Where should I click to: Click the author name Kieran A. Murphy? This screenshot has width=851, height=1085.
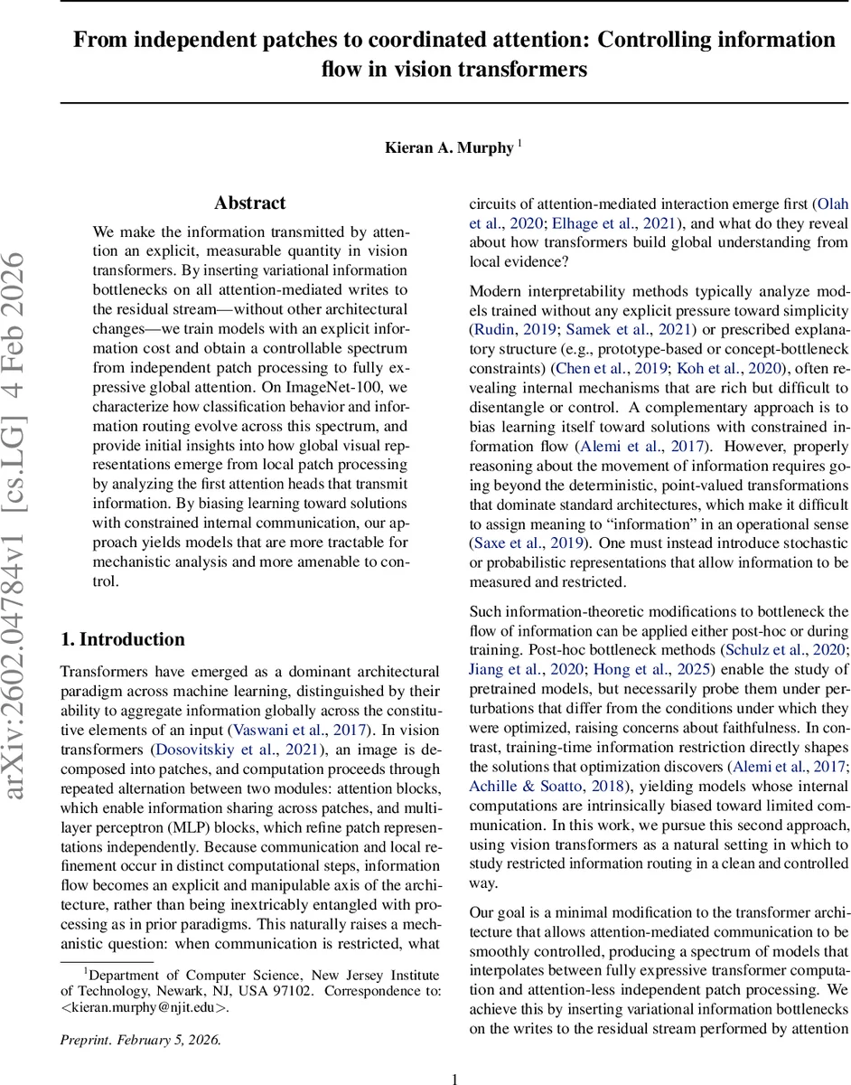(x=449, y=147)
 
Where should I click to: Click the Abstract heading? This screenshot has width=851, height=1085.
(x=250, y=203)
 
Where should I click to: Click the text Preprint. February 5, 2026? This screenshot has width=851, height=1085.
(x=140, y=1040)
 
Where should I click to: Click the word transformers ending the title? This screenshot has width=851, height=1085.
(x=531, y=70)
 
